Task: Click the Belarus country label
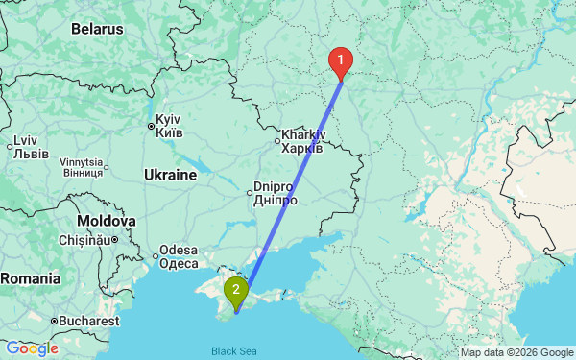(96, 29)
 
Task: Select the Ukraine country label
(170, 176)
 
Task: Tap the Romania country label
(30, 278)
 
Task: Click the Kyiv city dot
(151, 126)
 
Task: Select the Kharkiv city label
(301, 142)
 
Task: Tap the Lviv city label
(25, 146)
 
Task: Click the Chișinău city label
(85, 239)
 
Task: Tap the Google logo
(31, 348)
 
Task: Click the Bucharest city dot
(54, 319)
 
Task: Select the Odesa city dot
(156, 255)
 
